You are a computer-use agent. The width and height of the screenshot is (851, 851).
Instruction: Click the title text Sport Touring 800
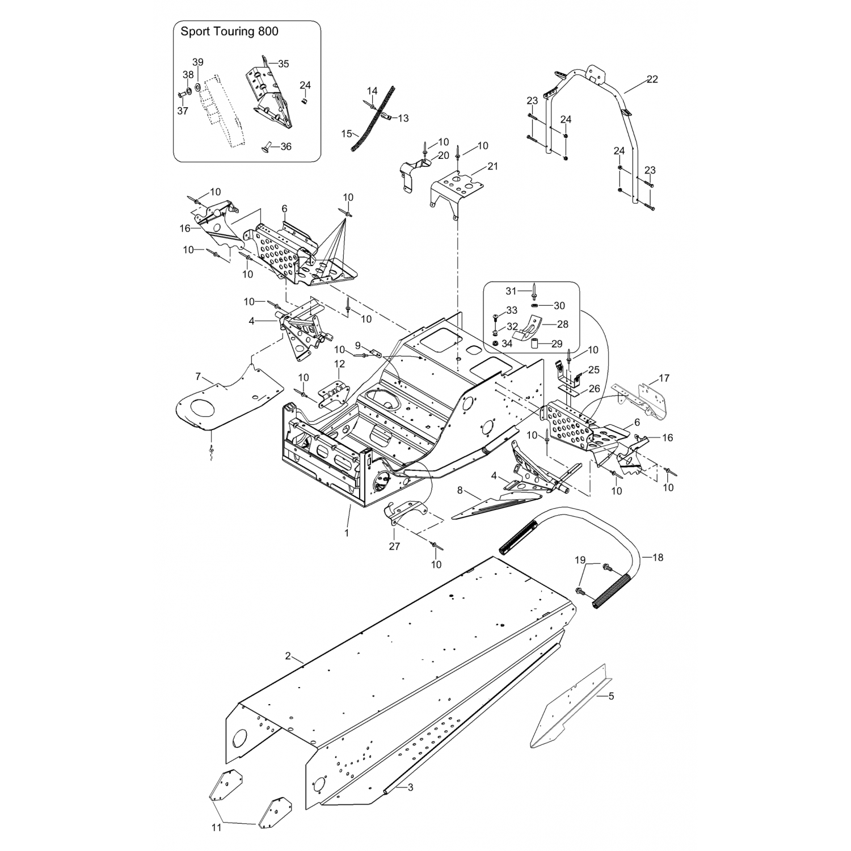(x=229, y=32)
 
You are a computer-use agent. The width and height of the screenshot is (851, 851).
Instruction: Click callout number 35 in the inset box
(x=283, y=64)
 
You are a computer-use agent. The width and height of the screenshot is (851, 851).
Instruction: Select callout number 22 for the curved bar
(x=652, y=79)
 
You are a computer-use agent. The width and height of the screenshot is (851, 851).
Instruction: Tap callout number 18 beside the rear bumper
(x=658, y=558)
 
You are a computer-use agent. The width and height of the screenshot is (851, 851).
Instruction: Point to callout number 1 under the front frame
(x=347, y=533)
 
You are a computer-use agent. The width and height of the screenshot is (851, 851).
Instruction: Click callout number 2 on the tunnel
(x=288, y=656)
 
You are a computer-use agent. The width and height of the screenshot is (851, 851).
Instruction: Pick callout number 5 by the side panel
(x=611, y=696)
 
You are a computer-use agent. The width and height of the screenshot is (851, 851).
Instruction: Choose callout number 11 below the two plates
(x=216, y=828)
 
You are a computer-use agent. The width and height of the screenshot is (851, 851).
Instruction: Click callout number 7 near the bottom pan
(x=198, y=376)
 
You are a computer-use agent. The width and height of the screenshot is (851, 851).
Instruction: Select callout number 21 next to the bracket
(x=492, y=166)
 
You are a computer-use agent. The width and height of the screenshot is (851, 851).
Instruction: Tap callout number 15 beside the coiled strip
(x=347, y=134)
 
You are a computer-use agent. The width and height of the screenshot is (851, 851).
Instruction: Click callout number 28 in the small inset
(x=562, y=325)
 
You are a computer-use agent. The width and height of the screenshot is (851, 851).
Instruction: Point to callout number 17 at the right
(x=664, y=378)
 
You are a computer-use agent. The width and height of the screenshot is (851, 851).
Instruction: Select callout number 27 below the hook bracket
(x=394, y=546)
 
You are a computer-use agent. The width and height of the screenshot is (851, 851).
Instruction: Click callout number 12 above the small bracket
(x=339, y=364)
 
